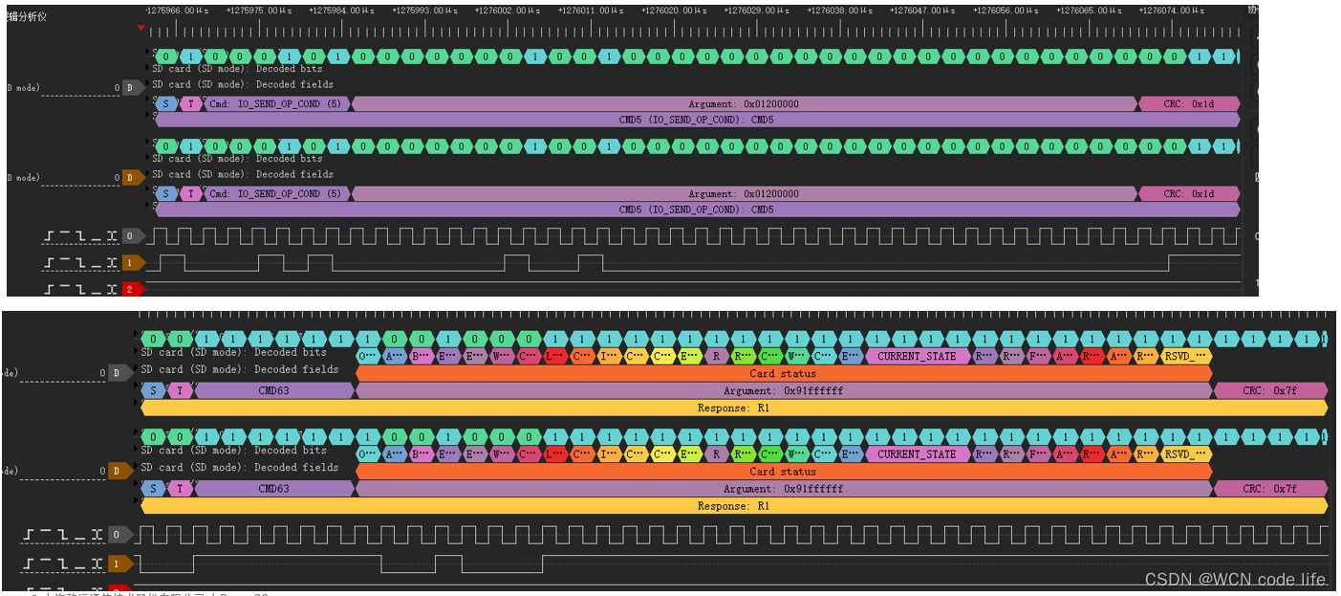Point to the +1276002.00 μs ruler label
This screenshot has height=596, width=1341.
point(506,11)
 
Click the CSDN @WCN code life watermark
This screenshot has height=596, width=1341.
point(1235,579)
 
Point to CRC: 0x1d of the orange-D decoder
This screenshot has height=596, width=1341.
point(1188,194)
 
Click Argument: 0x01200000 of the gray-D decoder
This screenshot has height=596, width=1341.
point(744,104)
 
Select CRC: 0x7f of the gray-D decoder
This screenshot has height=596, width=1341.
point(1270,390)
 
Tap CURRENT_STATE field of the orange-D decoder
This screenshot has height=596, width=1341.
point(916,454)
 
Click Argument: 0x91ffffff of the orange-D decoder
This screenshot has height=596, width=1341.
point(783,489)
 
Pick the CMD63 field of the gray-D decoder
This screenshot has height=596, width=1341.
point(273,390)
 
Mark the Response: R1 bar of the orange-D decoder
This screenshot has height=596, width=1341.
point(733,506)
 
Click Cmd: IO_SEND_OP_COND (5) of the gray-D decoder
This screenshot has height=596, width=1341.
point(275,104)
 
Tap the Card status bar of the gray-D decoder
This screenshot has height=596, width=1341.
point(783,373)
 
